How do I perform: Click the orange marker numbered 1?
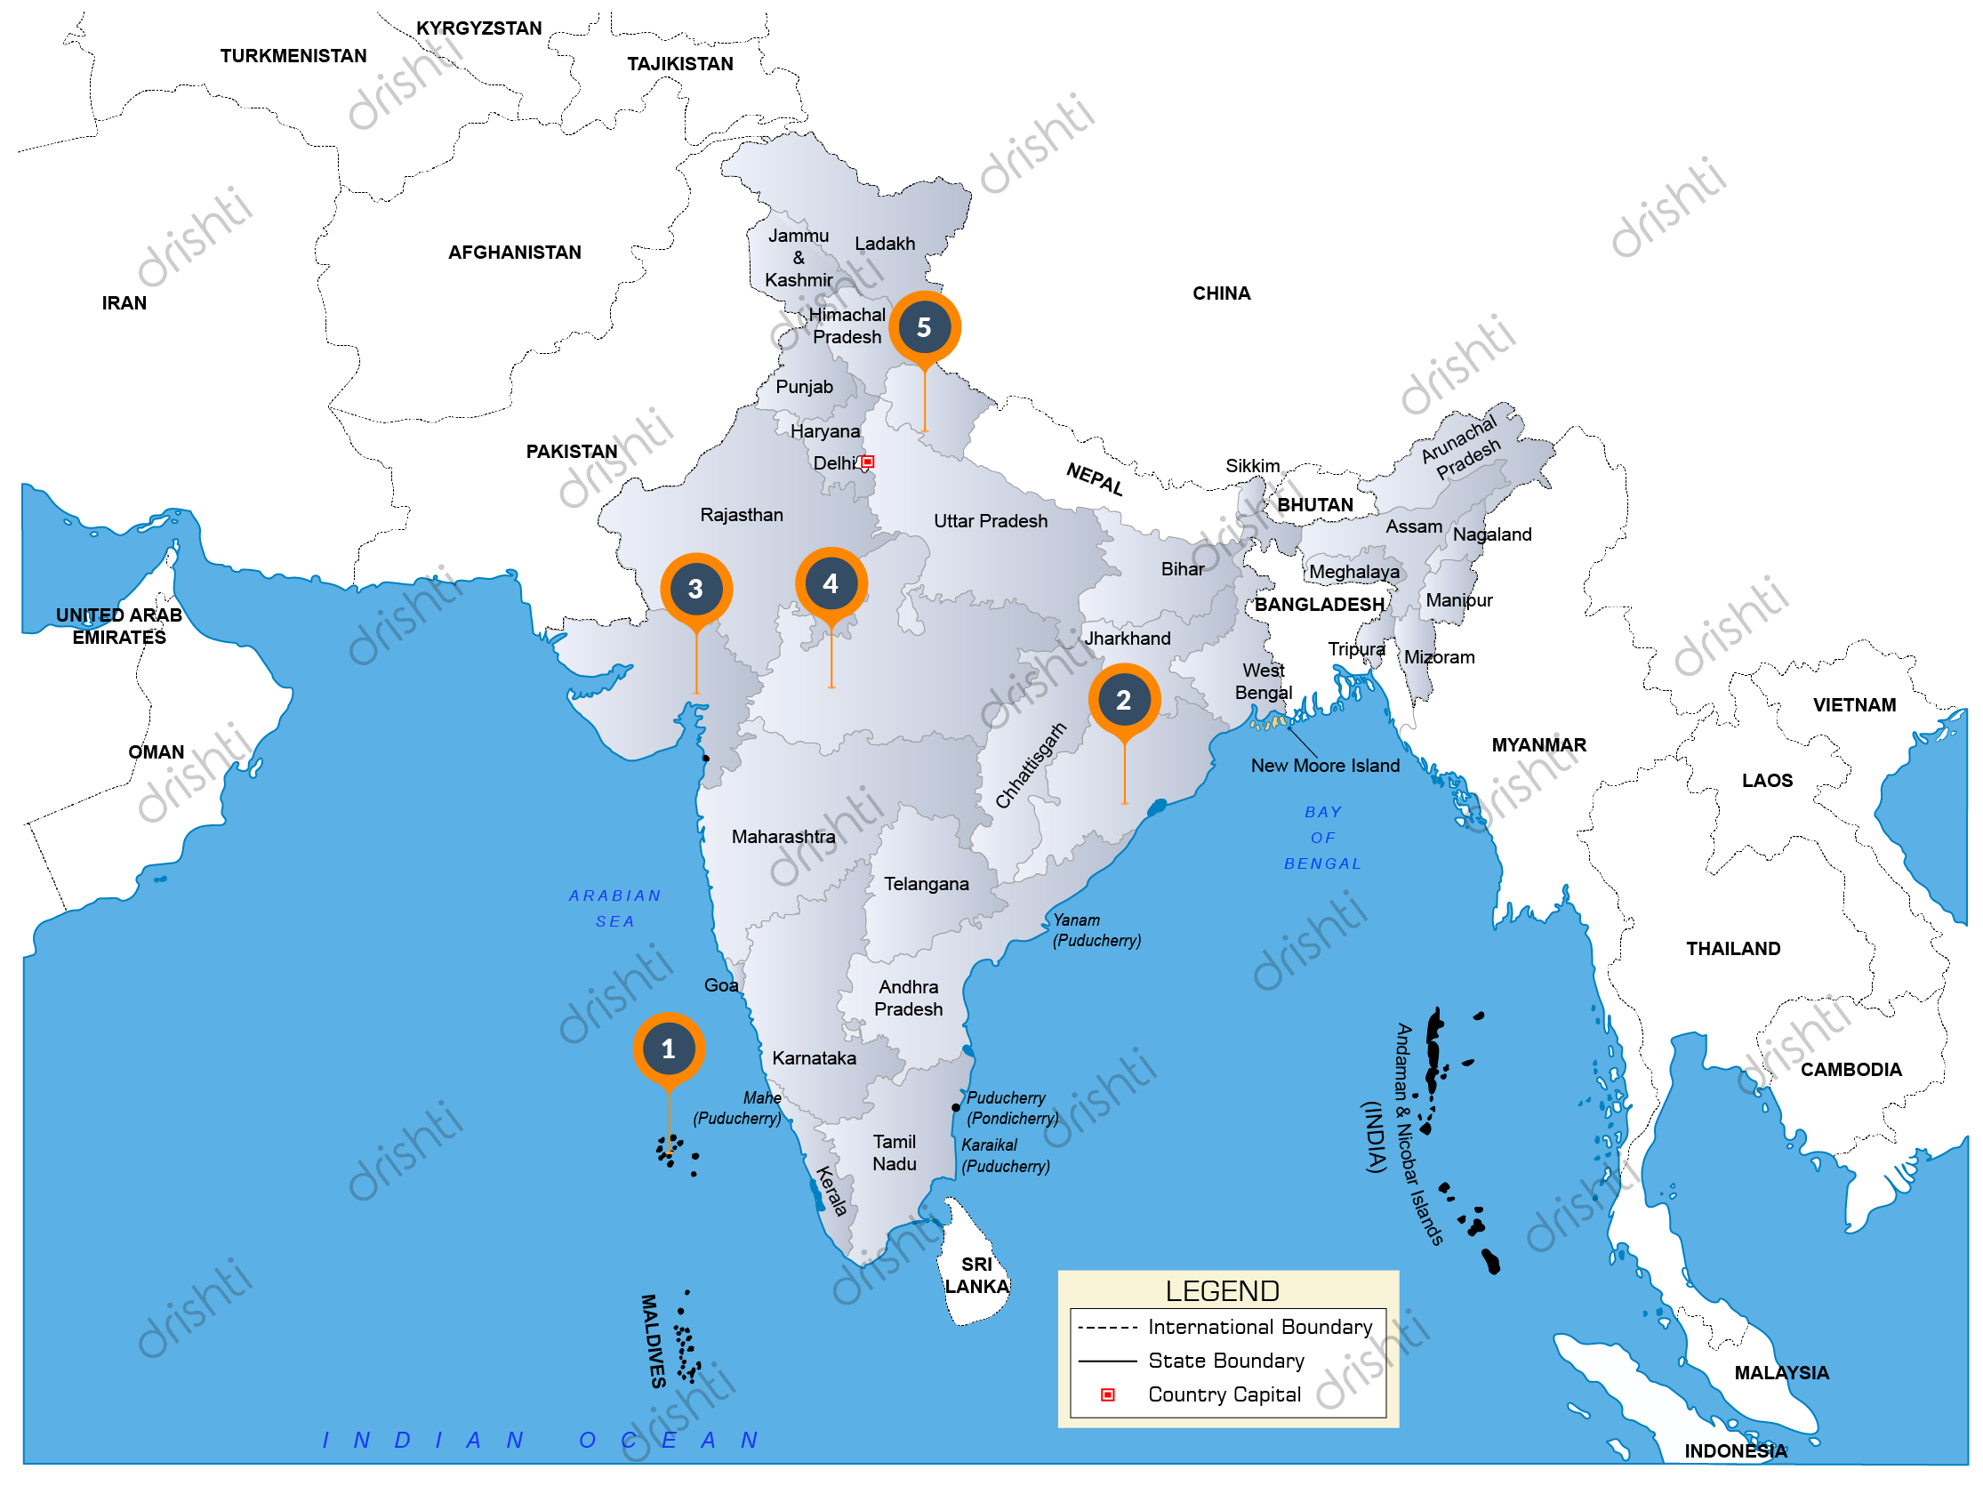click(x=669, y=1049)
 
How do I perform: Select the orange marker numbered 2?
click(x=1124, y=700)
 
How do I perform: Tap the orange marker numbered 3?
click(x=695, y=589)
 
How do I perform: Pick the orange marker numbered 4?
click(x=831, y=583)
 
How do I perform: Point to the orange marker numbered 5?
click(x=924, y=327)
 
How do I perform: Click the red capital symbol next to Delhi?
click(x=868, y=462)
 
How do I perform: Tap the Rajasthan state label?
click(x=742, y=516)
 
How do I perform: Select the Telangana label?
click(x=926, y=885)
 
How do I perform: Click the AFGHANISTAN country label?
click(x=515, y=253)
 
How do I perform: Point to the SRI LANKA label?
click(x=976, y=1276)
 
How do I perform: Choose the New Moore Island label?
click(x=1325, y=767)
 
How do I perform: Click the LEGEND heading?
click(x=1222, y=1292)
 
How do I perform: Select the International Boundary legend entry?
click(x=1259, y=1328)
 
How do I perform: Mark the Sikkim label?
click(x=1252, y=466)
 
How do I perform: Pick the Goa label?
click(x=721, y=986)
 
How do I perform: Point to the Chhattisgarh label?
click(x=1031, y=766)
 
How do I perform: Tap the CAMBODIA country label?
click(x=1851, y=1071)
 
